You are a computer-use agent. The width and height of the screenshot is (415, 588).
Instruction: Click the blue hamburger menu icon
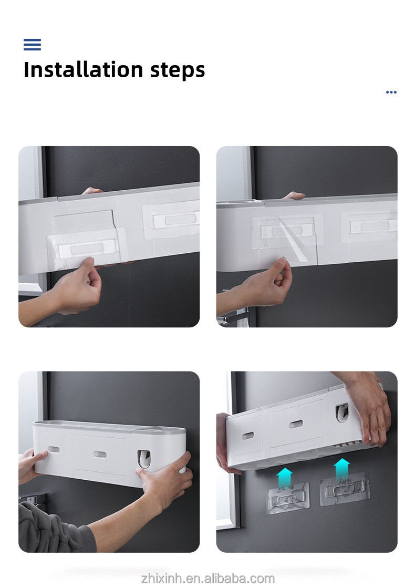32,44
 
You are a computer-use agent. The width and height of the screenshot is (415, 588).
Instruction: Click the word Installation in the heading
83,69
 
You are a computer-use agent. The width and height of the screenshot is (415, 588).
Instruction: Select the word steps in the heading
178,70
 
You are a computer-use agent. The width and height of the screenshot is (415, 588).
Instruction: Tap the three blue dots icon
391,92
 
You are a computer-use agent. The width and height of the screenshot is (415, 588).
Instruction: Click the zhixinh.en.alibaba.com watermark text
207,578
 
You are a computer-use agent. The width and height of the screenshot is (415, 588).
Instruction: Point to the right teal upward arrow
341,469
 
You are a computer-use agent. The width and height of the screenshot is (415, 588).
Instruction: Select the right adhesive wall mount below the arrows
345,489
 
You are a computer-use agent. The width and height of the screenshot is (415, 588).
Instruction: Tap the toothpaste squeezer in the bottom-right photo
342,412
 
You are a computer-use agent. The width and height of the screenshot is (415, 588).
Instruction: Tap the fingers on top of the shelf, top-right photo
294,195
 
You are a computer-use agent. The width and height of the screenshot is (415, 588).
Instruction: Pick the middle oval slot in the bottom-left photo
100,454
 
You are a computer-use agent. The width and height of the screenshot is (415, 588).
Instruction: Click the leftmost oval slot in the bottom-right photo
247,436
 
